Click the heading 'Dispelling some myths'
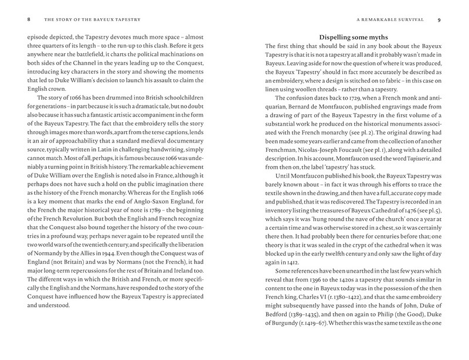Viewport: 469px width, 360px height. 352,36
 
